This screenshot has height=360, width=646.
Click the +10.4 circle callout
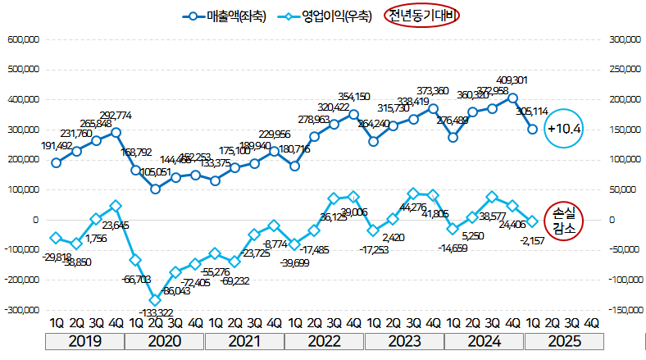click(563, 129)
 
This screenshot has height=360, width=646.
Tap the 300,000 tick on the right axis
click(620, 39)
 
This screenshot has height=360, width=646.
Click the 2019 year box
click(85, 341)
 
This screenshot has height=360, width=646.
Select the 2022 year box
click(325, 341)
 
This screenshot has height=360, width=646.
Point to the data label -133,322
click(157, 313)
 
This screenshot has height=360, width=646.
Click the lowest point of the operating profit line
click(156, 300)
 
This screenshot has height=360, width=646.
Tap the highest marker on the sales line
click(513, 98)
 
